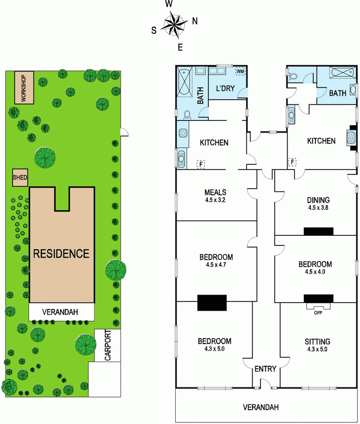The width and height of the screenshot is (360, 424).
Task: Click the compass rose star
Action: (175, 25)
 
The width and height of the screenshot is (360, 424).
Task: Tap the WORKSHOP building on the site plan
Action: (24, 87)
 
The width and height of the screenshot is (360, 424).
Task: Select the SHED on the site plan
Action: (20, 178)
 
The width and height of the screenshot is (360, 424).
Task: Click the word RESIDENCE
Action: (61, 254)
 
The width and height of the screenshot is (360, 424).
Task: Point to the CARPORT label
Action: (108, 345)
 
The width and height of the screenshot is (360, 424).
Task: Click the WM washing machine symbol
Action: (240, 71)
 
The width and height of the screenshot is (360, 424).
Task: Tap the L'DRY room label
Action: (225, 89)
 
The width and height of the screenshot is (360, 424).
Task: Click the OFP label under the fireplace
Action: (318, 313)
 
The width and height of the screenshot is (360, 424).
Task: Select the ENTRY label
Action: (265, 369)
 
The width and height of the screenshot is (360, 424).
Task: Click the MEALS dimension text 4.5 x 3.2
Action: (215, 200)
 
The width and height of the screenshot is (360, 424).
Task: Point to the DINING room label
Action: (318, 200)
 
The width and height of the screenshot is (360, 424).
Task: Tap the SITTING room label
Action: (317, 341)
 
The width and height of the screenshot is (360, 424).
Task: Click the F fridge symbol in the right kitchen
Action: (292, 162)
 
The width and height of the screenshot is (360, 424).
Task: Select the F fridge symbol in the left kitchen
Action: (201, 164)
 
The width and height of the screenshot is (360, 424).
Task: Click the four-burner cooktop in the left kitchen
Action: (183, 133)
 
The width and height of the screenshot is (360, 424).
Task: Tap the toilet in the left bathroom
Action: (187, 115)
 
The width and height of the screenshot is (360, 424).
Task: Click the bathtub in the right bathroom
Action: (341, 73)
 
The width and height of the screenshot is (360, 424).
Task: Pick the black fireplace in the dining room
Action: (318, 232)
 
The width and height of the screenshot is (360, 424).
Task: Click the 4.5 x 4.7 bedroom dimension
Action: (216, 264)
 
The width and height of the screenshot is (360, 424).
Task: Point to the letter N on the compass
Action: (195, 21)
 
